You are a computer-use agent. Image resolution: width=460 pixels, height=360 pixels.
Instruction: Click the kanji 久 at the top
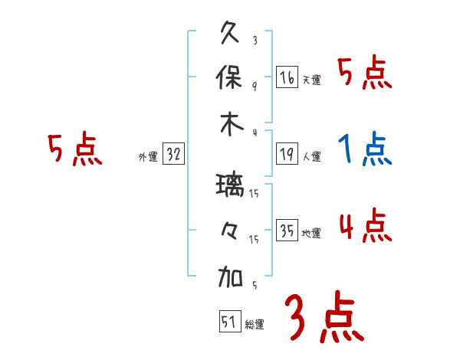tap(231, 34)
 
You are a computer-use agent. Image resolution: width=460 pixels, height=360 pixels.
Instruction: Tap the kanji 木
tap(231, 124)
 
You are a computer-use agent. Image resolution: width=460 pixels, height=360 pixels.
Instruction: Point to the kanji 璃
tap(231, 186)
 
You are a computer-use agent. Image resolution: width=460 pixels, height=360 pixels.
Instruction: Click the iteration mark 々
tap(231, 231)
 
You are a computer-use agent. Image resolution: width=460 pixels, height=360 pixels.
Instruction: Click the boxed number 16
tap(287, 77)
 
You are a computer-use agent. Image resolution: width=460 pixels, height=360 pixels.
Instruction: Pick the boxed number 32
tap(173, 155)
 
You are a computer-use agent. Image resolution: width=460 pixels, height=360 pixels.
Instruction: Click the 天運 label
tap(311, 80)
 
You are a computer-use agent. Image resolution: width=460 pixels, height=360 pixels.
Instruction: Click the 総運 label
tap(255, 324)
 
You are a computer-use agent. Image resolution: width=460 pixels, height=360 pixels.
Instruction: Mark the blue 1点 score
tap(366, 150)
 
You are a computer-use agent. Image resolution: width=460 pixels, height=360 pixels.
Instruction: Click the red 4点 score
tap(366, 227)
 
